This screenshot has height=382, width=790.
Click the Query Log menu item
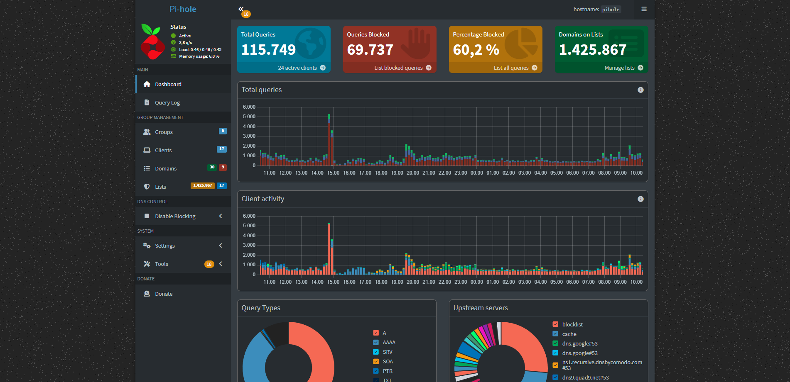[x=167, y=102]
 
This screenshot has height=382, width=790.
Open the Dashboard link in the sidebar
[x=168, y=84]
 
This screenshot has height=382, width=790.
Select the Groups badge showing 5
[x=223, y=131]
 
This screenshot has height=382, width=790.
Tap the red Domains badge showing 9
[x=223, y=167]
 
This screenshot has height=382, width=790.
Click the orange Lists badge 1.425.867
[x=202, y=185]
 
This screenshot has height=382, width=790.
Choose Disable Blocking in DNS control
[x=175, y=216]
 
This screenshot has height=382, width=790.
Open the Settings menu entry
[x=164, y=246]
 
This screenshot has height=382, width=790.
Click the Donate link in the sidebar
[x=163, y=294]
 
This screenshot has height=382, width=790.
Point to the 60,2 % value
[x=476, y=50]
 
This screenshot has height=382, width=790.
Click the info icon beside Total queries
[x=640, y=90]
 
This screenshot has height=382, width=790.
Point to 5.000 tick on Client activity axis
[x=249, y=226]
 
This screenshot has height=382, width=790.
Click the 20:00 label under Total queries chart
[x=413, y=173]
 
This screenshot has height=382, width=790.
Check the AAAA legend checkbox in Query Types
[x=376, y=342]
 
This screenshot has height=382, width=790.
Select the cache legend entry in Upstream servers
[x=569, y=334]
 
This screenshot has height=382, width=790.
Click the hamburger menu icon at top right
[x=644, y=9]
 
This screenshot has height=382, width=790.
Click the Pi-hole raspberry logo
[x=152, y=41]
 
